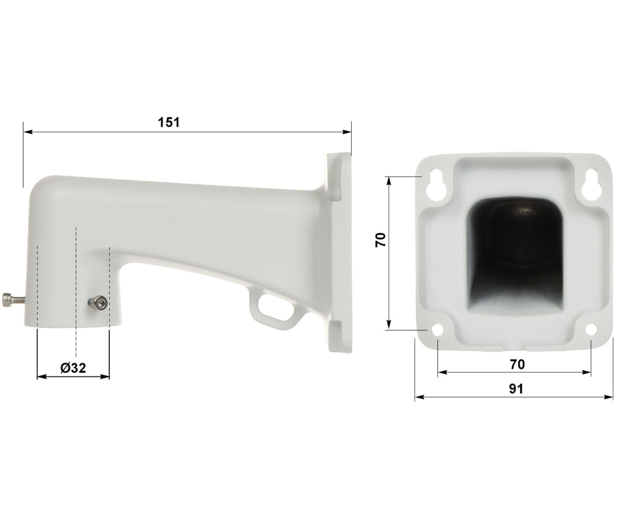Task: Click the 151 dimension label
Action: coord(169,122)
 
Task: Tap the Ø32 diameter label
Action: coord(73,368)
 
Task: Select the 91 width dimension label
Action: coord(516,389)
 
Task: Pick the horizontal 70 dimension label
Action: coord(517,364)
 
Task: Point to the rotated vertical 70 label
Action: coord(381,240)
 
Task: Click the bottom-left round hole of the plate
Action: coord(437,329)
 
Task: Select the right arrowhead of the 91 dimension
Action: coord(609,397)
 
